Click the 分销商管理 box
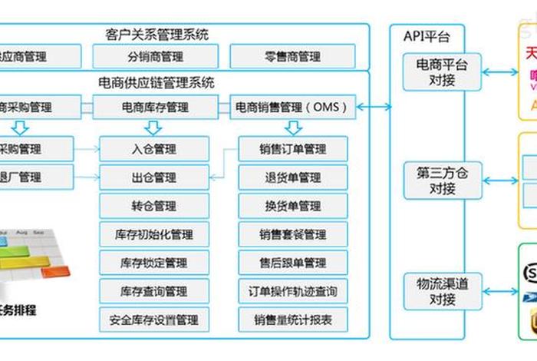pos(155,56)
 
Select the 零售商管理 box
pos(292,56)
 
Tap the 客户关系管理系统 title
pos(156,35)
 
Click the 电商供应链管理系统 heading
pos(156,82)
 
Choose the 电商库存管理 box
pos(155,107)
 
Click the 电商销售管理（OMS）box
pos(292,107)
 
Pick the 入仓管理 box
pos(153,148)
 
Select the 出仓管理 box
pos(153,177)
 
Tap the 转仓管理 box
pos(153,206)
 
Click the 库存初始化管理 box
pos(153,234)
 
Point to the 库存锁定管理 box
pos(153,263)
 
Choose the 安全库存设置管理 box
pos(153,320)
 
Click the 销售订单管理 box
pos(292,148)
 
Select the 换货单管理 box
pos(292,206)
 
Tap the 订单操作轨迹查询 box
pos(292,291)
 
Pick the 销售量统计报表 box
pos(292,320)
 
